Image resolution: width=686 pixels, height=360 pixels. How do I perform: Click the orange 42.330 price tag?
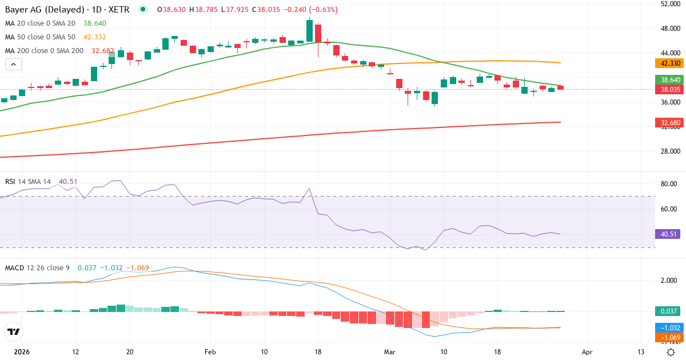click(x=669, y=63)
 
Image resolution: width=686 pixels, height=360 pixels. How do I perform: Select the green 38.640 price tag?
click(x=669, y=79)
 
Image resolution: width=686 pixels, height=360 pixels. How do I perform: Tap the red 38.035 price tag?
click(x=669, y=90)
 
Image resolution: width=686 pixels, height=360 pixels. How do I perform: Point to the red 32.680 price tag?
click(x=669, y=122)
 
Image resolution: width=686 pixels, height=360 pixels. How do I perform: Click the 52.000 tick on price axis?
click(x=669, y=4)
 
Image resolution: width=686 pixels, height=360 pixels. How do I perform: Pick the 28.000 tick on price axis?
click(x=669, y=151)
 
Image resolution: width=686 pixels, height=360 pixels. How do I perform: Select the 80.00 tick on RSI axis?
click(x=669, y=184)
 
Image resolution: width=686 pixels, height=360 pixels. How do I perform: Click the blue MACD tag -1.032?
click(x=669, y=327)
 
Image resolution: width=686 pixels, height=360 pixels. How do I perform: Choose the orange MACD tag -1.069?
click(x=669, y=338)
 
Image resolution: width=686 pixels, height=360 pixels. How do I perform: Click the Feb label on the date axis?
click(x=211, y=351)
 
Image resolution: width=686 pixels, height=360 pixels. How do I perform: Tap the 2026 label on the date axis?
click(x=21, y=351)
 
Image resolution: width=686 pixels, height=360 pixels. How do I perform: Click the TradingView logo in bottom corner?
click(x=14, y=331)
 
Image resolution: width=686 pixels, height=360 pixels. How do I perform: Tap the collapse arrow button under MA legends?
click(x=13, y=64)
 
